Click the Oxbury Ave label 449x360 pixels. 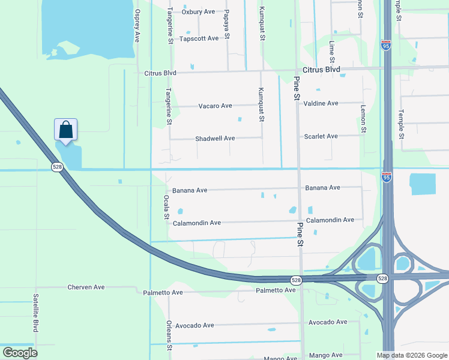pyautogui.click(x=198, y=11)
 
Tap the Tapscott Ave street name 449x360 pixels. pyautogui.click(x=199, y=38)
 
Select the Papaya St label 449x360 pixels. pyautogui.click(x=227, y=24)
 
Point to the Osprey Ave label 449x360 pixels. pyautogui.click(x=137, y=25)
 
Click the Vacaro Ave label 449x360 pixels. pyautogui.click(x=215, y=106)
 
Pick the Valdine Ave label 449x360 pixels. pyautogui.click(x=321, y=103)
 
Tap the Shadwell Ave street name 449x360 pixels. pyautogui.click(x=215, y=139)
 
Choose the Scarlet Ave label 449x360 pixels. pyautogui.click(x=321, y=136)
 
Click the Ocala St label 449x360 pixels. pyautogui.click(x=167, y=206)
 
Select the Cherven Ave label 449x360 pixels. pyautogui.click(x=86, y=287)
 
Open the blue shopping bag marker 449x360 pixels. pyautogui.click(x=65, y=130)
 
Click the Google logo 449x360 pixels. pyautogui.click(x=20, y=353)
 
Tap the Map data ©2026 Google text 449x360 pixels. pyautogui.click(x=411, y=355)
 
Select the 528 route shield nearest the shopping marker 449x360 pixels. pyautogui.click(x=57, y=167)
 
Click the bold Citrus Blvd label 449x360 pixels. pyautogui.click(x=321, y=70)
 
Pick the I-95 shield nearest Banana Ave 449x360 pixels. pyautogui.click(x=387, y=177)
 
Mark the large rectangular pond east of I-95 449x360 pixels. pyautogui.click(x=423, y=184)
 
